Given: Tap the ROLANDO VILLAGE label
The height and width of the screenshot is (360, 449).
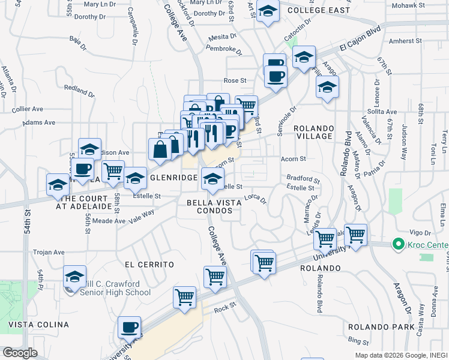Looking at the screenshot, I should [313, 132].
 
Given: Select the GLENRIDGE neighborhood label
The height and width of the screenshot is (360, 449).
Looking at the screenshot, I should [174, 178].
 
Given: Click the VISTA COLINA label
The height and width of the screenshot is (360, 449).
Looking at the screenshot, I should [38, 325].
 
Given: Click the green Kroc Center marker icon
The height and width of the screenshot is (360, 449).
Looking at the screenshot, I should [397, 244].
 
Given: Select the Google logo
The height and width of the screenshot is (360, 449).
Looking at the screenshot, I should [20, 353].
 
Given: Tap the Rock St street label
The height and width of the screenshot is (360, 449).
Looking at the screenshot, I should [225, 310].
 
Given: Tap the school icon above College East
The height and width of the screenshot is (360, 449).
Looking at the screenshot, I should [268, 10].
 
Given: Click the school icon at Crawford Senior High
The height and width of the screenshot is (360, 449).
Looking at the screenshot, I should [74, 276].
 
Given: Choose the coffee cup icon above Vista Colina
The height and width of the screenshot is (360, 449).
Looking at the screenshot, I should [129, 327].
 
